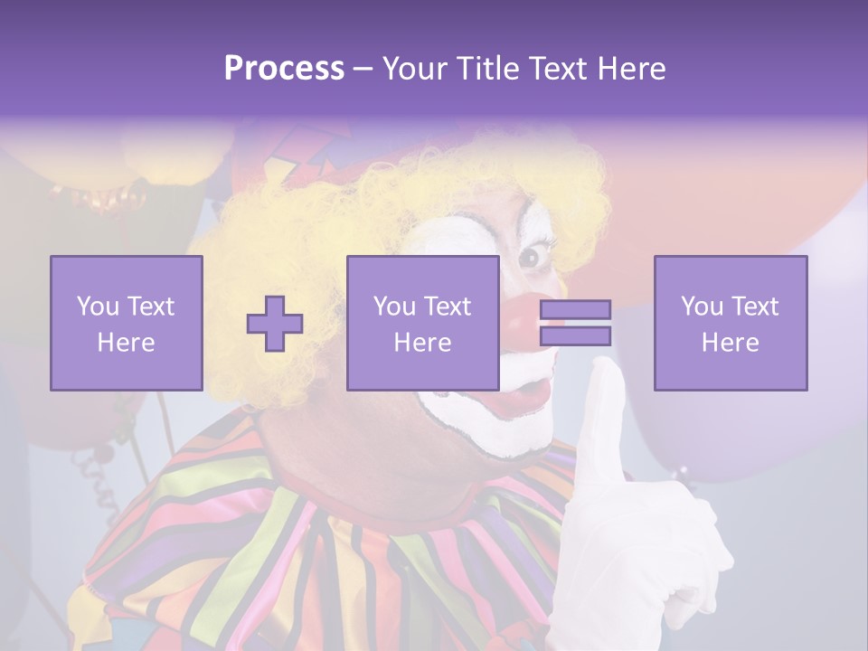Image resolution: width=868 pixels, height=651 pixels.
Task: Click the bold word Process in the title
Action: (284, 68)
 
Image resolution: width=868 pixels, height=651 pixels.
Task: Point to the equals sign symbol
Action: (575, 323)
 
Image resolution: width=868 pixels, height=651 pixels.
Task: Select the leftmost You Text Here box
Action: (127, 323)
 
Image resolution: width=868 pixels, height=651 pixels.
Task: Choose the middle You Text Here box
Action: (422, 323)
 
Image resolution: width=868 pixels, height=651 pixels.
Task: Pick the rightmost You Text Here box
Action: (731, 323)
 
